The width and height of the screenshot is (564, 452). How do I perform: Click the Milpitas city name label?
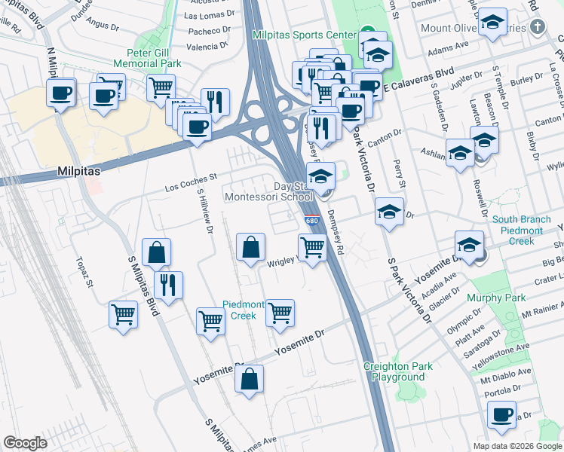click(78, 172)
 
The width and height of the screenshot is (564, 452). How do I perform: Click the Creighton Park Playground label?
click(398, 371)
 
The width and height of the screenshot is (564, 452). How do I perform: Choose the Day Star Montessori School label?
click(269, 191)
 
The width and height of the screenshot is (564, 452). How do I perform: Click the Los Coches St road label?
click(191, 179)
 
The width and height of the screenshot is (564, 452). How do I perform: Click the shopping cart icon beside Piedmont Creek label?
click(280, 311)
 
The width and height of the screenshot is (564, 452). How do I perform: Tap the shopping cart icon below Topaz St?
click(124, 313)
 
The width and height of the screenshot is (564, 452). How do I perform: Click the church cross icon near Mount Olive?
click(537, 29)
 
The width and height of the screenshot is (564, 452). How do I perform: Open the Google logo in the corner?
click(25, 443)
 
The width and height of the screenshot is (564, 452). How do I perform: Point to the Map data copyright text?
click(517, 446)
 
